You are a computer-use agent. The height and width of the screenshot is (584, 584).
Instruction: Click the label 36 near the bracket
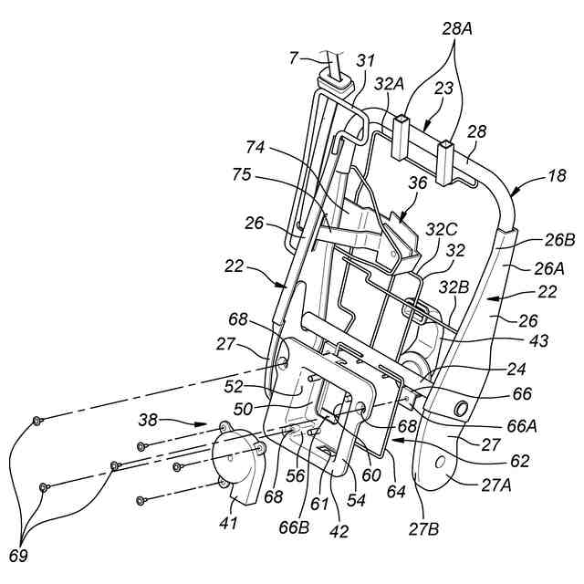418,182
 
